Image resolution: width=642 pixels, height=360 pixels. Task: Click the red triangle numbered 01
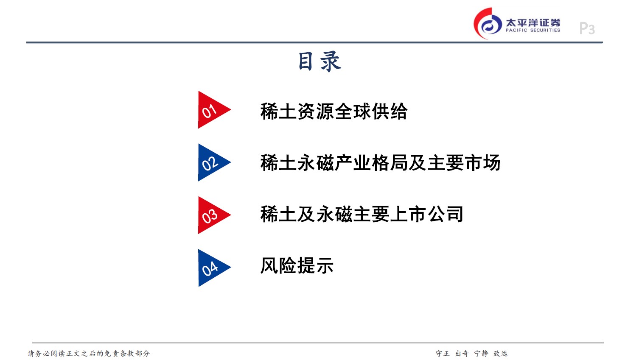pos(210,110)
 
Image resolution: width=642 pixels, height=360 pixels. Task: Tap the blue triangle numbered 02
pos(210,162)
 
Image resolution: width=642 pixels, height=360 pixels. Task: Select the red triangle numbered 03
pos(210,215)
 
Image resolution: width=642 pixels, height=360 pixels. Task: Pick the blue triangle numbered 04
pos(210,268)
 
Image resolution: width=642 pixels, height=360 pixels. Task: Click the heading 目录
pos(320,61)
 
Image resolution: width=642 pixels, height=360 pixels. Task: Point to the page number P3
pos(587,28)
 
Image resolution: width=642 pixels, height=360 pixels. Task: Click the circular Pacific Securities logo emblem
pos(488,23)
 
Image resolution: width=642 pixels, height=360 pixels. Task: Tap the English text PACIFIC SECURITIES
pos(533,31)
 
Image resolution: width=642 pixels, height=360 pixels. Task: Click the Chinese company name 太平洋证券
pos(533,22)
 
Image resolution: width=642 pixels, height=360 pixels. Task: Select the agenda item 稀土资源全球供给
pos(334,111)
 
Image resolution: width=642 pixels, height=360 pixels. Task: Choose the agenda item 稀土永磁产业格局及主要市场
pos(380,163)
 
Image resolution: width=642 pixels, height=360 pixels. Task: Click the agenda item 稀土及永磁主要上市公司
pos(362,214)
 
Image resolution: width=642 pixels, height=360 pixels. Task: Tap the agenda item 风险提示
pos(297,265)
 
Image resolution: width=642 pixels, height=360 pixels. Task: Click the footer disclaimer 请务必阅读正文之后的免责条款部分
pos(89,353)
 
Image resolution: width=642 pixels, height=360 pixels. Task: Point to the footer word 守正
pos(443,353)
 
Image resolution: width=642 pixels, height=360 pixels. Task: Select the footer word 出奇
pos(462,353)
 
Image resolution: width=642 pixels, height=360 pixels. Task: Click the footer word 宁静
pos(481,353)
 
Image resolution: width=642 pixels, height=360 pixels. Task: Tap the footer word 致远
pos(500,353)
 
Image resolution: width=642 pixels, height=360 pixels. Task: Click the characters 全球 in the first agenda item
pos(353,111)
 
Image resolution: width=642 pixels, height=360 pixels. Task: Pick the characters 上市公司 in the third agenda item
pos(427,214)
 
